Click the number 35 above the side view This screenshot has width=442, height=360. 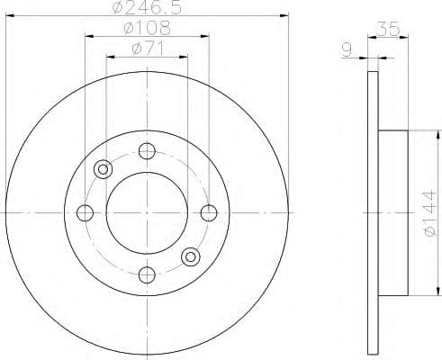[389, 29]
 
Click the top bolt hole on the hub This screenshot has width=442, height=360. [148, 151]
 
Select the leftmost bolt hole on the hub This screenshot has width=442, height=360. [86, 213]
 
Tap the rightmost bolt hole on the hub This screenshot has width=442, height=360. [209, 212]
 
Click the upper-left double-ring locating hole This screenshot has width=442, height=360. [104, 169]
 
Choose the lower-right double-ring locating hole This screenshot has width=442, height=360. [191, 257]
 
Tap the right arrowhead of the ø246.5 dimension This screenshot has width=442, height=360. [286, 15]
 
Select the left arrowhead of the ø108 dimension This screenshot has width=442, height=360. [88, 36]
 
